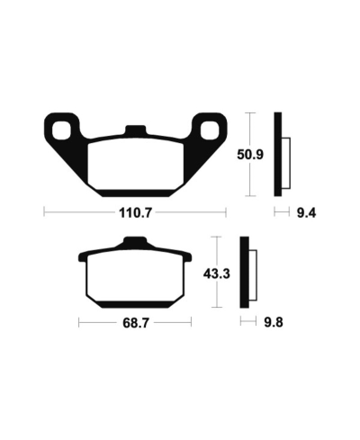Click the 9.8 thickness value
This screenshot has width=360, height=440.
click(273, 321)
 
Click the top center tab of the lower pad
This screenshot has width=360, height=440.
click(133, 241)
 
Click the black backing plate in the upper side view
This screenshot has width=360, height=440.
click(279, 155)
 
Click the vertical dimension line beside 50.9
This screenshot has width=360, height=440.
click(249, 155)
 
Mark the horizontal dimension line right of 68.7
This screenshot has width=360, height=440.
click(171, 321)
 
